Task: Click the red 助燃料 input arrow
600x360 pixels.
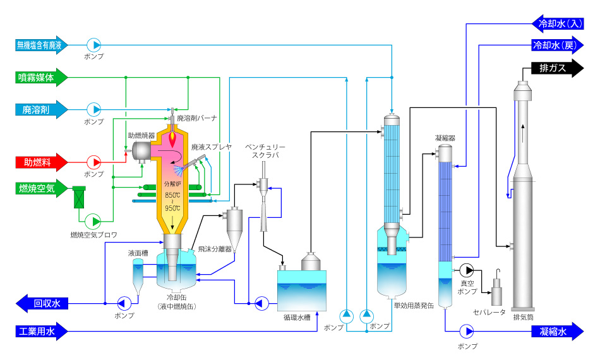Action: point(41,162)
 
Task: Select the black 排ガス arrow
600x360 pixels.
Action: point(558,68)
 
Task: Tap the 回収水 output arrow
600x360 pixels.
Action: point(42,303)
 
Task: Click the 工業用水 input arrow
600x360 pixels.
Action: point(41,332)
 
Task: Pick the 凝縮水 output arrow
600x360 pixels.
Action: point(558,332)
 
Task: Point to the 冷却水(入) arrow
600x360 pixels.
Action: point(558,24)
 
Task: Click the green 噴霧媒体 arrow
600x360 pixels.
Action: point(41,77)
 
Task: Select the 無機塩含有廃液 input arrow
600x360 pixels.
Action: point(41,45)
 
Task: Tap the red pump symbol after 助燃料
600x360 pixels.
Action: point(93,162)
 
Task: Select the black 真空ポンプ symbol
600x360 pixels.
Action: point(467,270)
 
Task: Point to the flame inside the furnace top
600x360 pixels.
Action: point(173,138)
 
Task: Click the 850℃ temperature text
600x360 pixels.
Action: point(172,195)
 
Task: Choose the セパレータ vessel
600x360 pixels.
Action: point(496,291)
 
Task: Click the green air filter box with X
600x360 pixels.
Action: point(79,197)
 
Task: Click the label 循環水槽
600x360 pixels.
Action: point(297,317)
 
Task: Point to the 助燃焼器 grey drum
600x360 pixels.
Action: point(141,152)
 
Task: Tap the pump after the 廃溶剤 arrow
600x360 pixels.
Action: point(93,110)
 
